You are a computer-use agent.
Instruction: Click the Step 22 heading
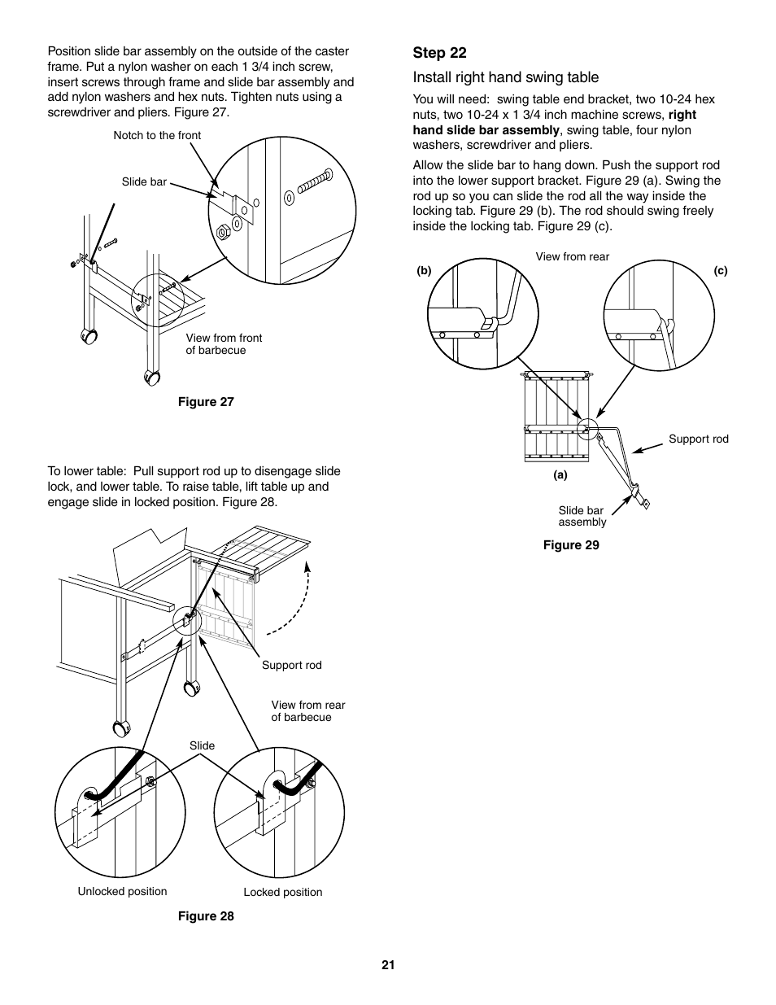[439, 53]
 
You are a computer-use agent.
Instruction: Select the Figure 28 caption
[206, 916]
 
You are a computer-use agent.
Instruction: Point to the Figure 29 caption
[571, 545]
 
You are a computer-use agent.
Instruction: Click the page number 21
[388, 965]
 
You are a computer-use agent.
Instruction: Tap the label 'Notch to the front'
[157, 135]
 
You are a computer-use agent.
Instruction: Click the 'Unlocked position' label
[122, 892]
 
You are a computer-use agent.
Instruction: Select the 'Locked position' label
[283, 893]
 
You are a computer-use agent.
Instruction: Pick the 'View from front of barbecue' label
[224, 344]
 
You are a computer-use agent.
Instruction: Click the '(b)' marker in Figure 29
[423, 272]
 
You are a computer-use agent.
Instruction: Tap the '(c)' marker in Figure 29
[721, 271]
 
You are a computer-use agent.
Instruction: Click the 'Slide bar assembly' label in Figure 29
[582, 517]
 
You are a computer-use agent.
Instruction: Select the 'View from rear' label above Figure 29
[572, 257]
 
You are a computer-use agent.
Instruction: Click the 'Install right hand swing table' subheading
[505, 77]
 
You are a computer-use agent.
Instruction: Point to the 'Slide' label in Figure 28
[202, 745]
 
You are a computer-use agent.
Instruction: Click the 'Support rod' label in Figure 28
[291, 666]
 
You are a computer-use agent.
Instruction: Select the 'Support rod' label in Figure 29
[698, 439]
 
